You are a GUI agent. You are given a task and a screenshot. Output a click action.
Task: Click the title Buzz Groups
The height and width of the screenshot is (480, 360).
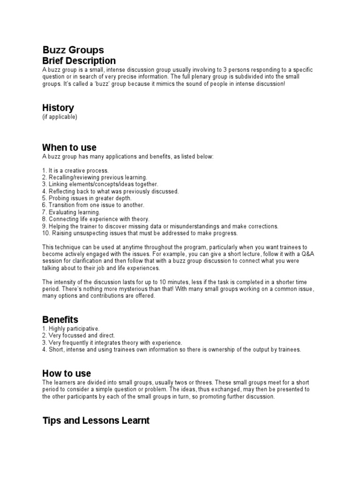[x=73, y=50]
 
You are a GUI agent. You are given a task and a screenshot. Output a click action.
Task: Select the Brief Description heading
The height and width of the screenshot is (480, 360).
[x=79, y=61]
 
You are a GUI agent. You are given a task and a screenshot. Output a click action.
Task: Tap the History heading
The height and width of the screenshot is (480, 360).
[x=58, y=108]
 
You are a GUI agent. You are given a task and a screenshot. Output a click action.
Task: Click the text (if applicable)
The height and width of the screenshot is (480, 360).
[x=60, y=117]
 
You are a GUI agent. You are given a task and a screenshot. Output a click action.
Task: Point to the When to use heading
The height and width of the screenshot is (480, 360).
[x=69, y=148]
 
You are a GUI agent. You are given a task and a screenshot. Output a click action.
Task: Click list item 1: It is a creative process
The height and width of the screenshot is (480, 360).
[x=75, y=171]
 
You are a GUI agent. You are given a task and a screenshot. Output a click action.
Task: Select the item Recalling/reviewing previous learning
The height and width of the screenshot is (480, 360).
[x=95, y=178]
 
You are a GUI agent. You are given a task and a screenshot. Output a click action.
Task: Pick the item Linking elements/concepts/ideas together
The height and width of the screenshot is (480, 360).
[x=100, y=185]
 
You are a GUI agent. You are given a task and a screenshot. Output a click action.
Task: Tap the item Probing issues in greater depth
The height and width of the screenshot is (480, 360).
[x=87, y=198]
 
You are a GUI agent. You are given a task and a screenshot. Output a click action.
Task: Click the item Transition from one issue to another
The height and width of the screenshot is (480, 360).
[x=93, y=205]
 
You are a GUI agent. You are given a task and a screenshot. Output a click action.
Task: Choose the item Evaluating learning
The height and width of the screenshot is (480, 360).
[x=71, y=212]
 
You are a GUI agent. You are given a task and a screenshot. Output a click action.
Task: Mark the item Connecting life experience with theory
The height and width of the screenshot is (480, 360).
[x=96, y=219]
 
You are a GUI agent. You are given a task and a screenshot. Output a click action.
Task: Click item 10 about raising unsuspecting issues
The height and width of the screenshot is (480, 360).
[x=140, y=233]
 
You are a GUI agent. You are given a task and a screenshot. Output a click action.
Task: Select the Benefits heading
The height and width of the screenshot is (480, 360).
[x=60, y=320]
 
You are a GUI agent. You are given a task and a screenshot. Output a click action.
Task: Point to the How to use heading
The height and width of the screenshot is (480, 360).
[x=67, y=374]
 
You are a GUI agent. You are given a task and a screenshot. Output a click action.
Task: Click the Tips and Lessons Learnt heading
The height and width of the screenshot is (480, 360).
[x=96, y=420]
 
